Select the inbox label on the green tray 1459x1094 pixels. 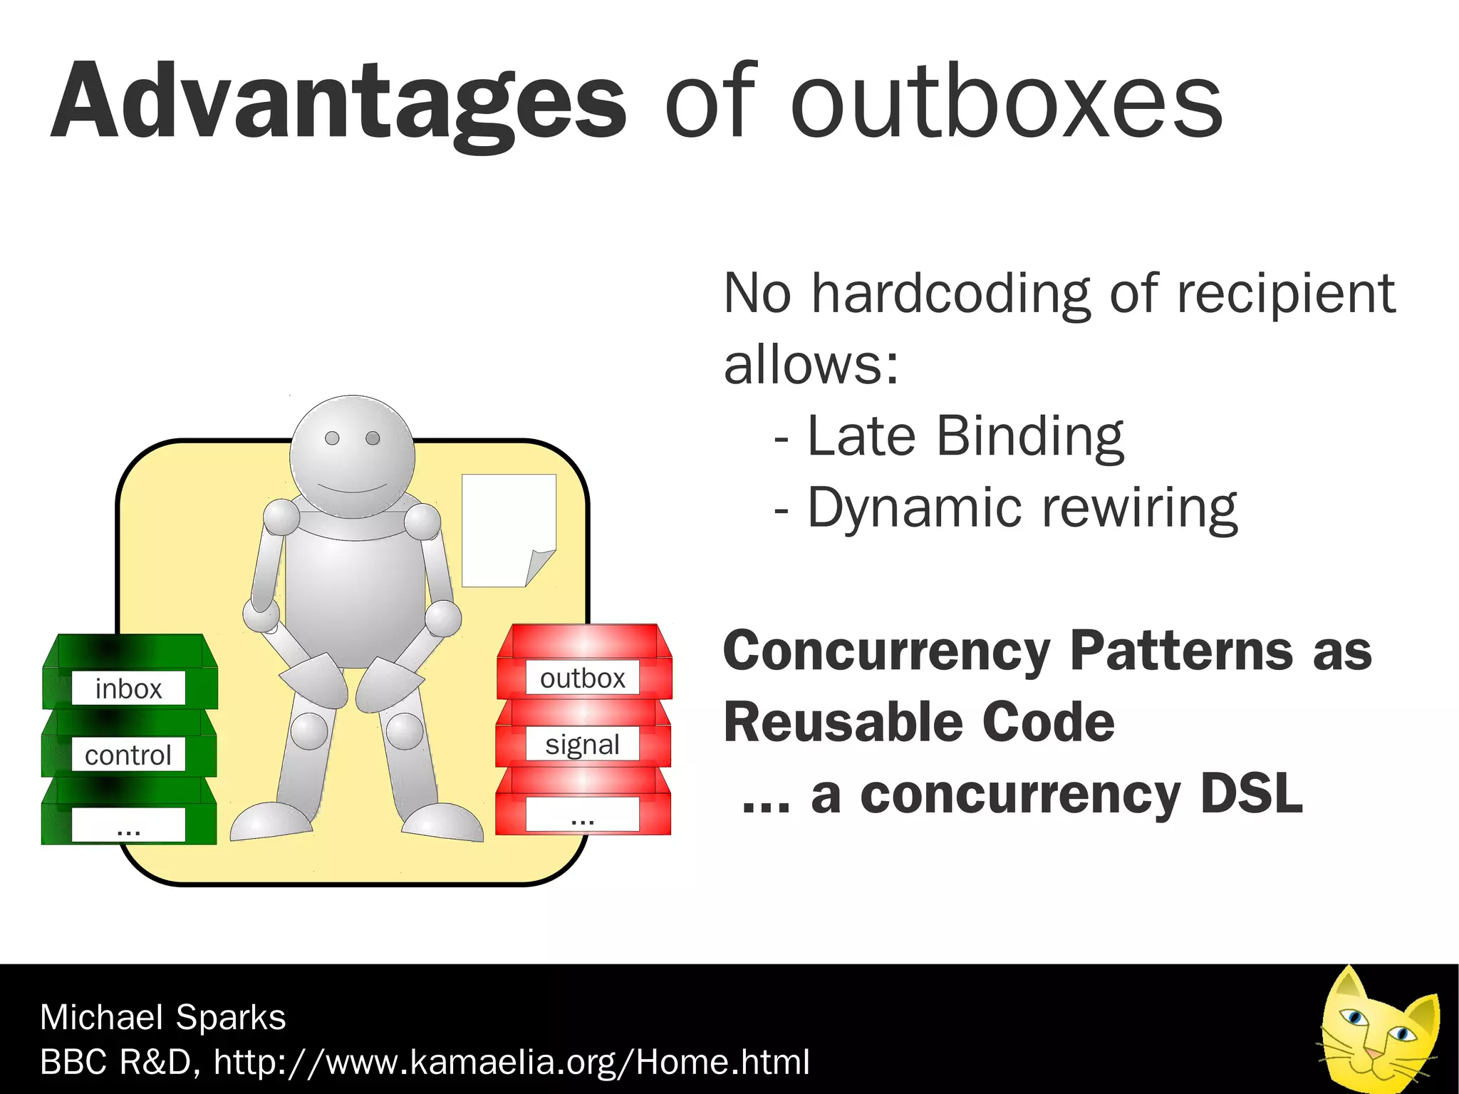tap(128, 688)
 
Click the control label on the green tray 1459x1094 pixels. tap(128, 755)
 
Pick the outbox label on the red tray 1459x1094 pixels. tap(582, 678)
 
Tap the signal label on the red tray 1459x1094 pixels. tap(582, 744)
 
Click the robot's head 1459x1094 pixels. tap(352, 456)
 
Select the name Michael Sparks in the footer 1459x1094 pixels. tap(162, 1017)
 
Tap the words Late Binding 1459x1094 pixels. tap(965, 435)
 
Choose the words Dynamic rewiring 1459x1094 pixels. tap(1022, 507)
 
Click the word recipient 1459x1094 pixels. tap(1285, 294)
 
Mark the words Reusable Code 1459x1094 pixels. tap(919, 723)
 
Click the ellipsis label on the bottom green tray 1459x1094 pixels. tap(128, 827)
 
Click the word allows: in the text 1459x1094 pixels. tap(811, 364)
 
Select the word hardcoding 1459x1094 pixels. tap(950, 294)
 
